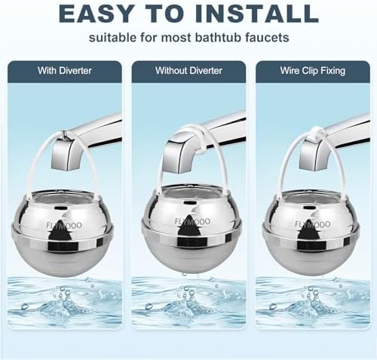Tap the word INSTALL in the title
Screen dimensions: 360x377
(x=259, y=14)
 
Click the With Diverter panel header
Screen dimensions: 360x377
(x=66, y=71)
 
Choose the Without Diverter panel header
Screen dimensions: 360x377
(x=188, y=71)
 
